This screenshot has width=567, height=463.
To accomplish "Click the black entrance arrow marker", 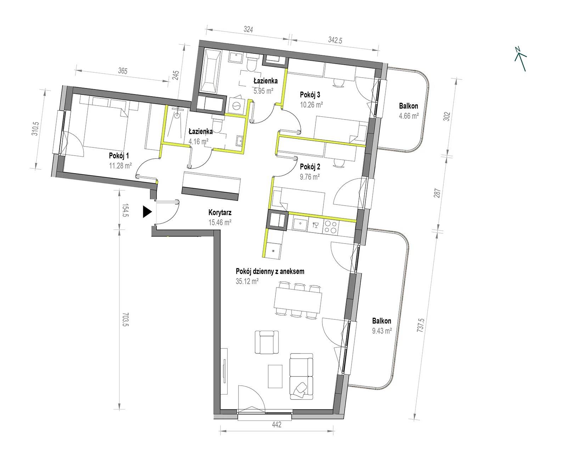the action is click(x=147, y=212).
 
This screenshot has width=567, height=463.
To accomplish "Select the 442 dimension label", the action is click(x=277, y=424).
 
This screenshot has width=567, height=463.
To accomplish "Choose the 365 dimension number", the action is click(x=123, y=71).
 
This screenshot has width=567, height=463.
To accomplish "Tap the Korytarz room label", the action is click(x=220, y=213).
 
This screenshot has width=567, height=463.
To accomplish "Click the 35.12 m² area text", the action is click(x=247, y=281).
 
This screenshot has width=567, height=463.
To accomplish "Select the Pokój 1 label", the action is click(x=119, y=156).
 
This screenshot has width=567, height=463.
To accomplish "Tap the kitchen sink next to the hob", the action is click(x=300, y=224).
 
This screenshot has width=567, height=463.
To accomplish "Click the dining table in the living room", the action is click(x=298, y=301).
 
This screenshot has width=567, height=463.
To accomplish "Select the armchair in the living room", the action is click(x=266, y=342).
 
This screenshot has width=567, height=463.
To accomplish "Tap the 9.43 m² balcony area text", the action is click(x=382, y=331).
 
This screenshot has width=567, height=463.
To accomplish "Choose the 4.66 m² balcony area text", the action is click(x=409, y=116).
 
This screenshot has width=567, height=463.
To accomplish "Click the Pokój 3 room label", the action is click(x=310, y=95).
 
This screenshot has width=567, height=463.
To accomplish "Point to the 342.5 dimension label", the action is click(x=335, y=40).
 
